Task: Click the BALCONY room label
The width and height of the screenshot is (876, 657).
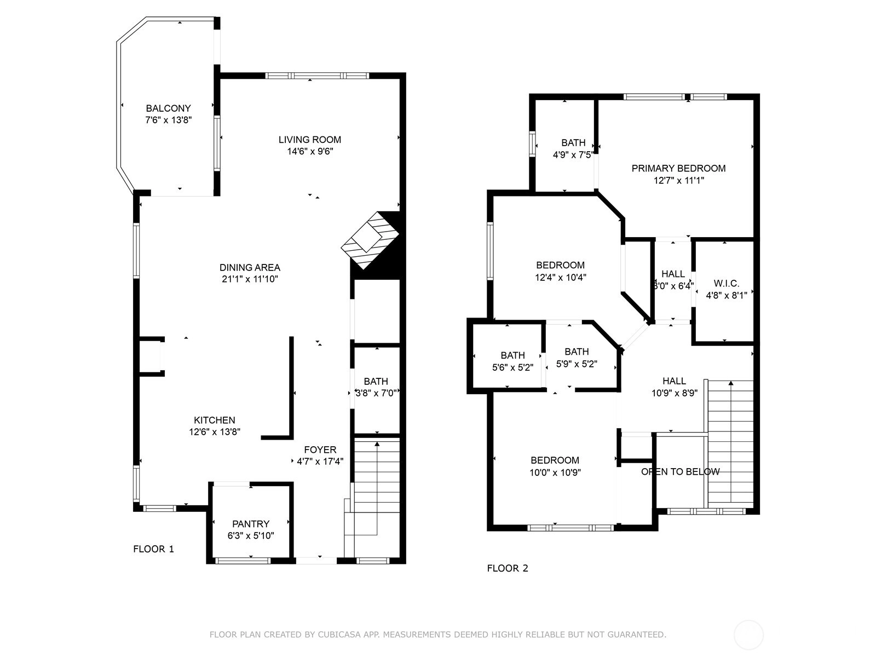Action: [168, 108]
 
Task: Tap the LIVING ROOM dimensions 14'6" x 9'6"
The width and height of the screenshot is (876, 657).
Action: [310, 151]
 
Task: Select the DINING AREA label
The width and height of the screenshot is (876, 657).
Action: [250, 267]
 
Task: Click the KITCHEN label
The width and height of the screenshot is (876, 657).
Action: [215, 419]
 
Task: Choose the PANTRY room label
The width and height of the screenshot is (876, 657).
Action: [251, 523]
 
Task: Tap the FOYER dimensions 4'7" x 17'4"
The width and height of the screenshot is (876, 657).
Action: [320, 461]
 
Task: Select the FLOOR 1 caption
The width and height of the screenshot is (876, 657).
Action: [154, 549]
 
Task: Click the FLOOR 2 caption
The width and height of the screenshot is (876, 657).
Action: [508, 568]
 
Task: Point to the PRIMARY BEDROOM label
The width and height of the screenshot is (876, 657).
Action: [678, 168]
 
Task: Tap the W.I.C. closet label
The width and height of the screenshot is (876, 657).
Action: [727, 283]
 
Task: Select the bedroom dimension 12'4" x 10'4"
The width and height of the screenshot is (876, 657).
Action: [560, 277]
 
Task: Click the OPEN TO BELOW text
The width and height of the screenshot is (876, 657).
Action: [681, 471]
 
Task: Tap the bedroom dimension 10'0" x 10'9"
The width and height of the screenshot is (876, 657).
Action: [555, 472]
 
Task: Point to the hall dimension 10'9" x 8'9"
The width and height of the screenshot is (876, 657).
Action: [675, 393]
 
